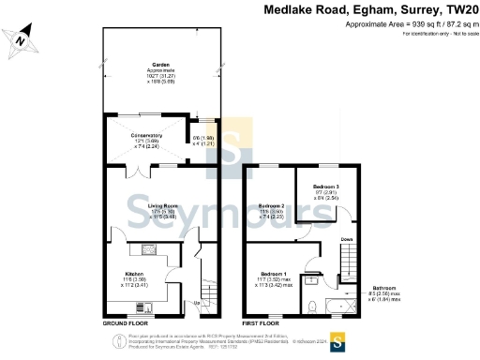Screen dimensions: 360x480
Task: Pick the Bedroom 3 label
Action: click(326, 187)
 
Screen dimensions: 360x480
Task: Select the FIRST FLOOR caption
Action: click(262, 322)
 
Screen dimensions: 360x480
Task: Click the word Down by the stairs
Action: click(346, 239)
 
